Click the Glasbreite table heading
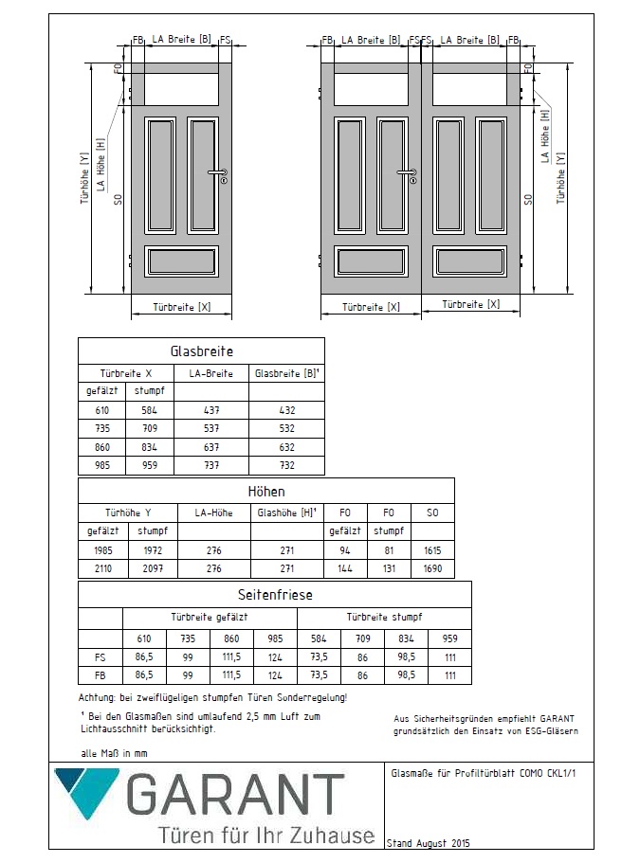(x=201, y=351)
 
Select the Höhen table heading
(x=265, y=492)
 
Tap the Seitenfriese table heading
(x=274, y=595)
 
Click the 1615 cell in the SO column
(x=432, y=550)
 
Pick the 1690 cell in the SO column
(x=432, y=569)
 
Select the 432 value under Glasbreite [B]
(x=287, y=410)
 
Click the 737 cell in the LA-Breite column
(x=213, y=465)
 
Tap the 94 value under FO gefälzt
(x=344, y=550)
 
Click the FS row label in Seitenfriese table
(x=101, y=656)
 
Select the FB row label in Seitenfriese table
(x=101, y=675)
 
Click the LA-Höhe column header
(x=213, y=512)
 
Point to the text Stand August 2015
(x=429, y=842)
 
